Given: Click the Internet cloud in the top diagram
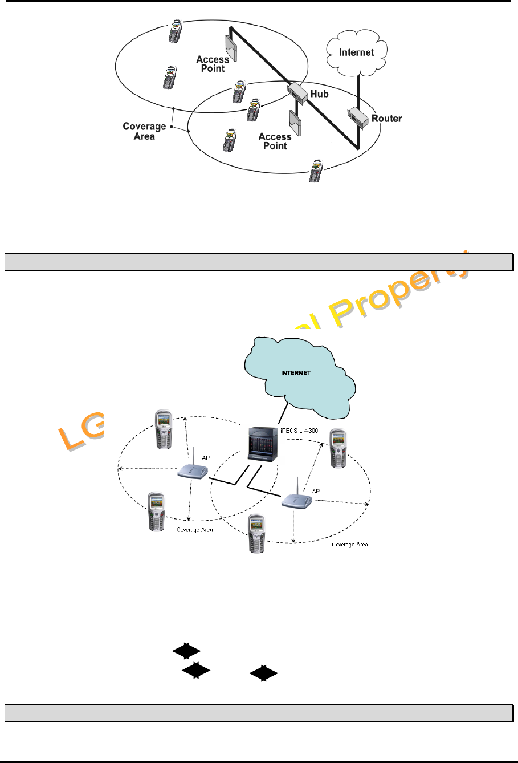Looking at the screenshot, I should coord(357,52).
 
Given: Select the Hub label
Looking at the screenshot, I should coord(319,94).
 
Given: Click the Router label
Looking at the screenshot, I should coord(386,119).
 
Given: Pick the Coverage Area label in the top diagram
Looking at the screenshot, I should coord(145,131).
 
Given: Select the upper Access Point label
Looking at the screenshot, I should coord(213,64).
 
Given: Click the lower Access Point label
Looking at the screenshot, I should coord(275,141).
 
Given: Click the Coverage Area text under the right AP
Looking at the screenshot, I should coord(349,544).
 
